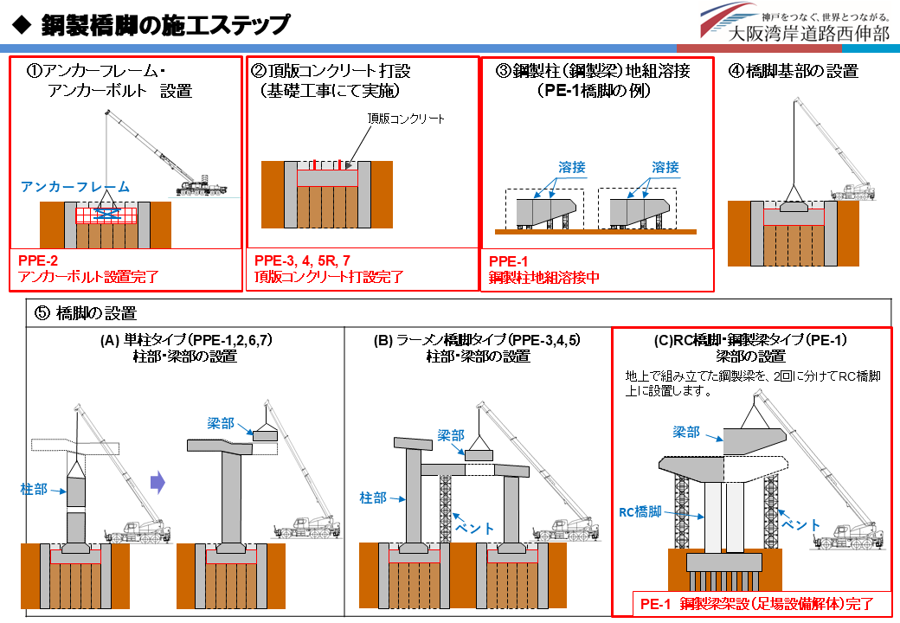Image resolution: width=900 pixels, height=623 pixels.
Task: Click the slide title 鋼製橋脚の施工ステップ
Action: (x=165, y=25)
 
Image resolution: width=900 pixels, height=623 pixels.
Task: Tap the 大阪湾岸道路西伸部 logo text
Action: (x=809, y=33)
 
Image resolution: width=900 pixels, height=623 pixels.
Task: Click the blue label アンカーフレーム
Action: (x=75, y=187)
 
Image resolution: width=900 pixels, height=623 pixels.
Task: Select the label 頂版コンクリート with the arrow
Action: (x=406, y=119)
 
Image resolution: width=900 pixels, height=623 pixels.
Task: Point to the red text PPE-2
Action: (x=38, y=261)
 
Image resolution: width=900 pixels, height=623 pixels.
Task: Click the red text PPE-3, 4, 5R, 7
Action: (x=302, y=261)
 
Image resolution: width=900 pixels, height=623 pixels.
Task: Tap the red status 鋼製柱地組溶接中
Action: (x=544, y=278)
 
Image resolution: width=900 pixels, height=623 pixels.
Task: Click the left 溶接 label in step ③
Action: (x=572, y=168)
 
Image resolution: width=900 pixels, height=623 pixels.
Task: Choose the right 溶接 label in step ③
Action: (x=665, y=168)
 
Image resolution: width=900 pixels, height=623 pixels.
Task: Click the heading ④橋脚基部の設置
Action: (x=794, y=71)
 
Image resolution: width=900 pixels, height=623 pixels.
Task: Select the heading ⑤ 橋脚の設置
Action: (x=86, y=313)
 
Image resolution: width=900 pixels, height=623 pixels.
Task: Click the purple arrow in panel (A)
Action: (x=157, y=483)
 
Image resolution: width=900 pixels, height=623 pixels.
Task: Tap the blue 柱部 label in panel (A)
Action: (x=34, y=490)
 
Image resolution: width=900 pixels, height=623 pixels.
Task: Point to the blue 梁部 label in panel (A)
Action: (x=221, y=424)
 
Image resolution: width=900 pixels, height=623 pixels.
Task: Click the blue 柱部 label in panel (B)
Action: (x=373, y=498)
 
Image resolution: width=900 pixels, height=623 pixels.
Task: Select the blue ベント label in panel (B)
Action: (x=473, y=528)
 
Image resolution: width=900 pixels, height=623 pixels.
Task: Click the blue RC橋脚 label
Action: (x=640, y=512)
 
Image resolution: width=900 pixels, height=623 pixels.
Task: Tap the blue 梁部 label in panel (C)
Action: (x=686, y=433)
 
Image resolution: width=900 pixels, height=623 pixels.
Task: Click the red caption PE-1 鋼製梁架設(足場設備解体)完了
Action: (x=757, y=604)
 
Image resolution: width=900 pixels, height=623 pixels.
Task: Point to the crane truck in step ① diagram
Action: (x=201, y=188)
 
